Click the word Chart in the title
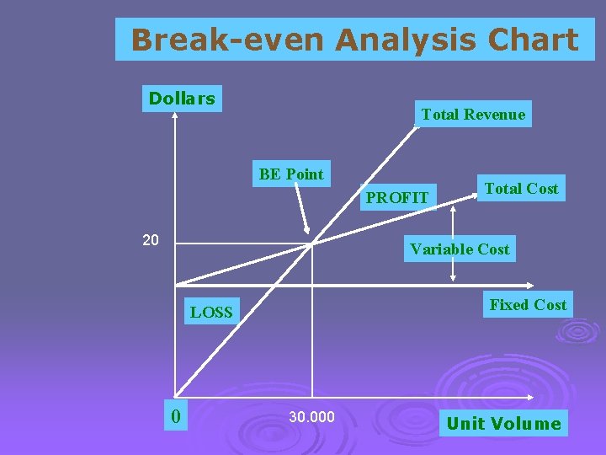(x=536, y=40)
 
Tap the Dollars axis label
(x=181, y=99)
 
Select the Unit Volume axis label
(x=503, y=423)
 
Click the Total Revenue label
(x=473, y=115)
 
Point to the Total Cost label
(x=520, y=189)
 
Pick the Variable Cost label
(x=460, y=249)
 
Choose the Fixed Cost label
(x=528, y=305)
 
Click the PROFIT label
(x=397, y=198)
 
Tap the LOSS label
(x=211, y=313)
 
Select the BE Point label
(x=291, y=174)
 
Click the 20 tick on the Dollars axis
(x=150, y=241)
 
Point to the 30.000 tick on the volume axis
(x=311, y=417)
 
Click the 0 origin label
(x=174, y=415)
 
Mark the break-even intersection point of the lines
(x=312, y=244)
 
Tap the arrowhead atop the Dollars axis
(x=174, y=119)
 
